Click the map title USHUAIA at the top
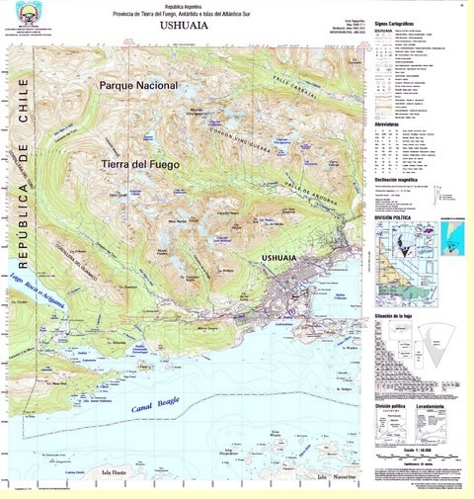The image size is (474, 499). (x=183, y=30)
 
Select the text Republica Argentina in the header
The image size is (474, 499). (x=183, y=6)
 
